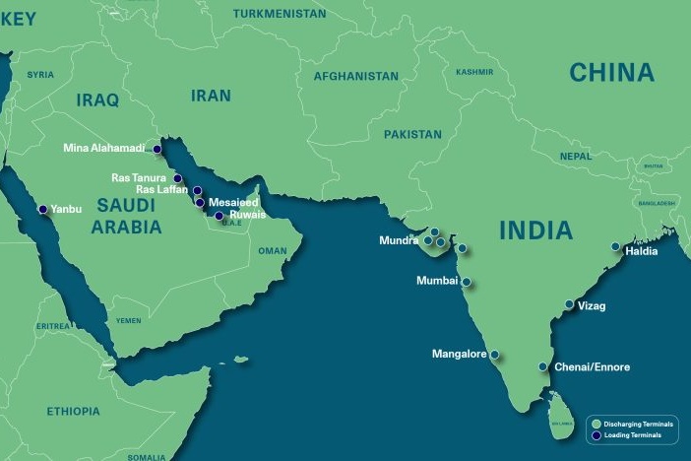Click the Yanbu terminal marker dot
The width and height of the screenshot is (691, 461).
point(42,209)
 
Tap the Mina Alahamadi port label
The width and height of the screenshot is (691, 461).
point(103,149)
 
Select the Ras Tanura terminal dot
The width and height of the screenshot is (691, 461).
point(177,179)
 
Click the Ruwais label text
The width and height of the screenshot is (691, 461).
point(247,215)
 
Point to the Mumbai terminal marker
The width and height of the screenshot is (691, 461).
point(467,282)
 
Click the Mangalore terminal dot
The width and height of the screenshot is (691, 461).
point(495,355)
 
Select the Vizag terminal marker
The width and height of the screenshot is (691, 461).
point(569,303)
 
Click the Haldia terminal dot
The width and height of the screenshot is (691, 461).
point(615,247)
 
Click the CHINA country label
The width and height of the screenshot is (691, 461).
point(611,72)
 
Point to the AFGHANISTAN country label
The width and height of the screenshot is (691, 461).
point(355,76)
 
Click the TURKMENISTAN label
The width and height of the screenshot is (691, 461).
point(280,14)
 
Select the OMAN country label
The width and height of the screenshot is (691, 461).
point(273,251)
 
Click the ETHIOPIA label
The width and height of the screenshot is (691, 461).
point(72,411)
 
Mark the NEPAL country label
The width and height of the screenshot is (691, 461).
point(576,157)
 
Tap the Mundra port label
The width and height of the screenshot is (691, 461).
point(400,240)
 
